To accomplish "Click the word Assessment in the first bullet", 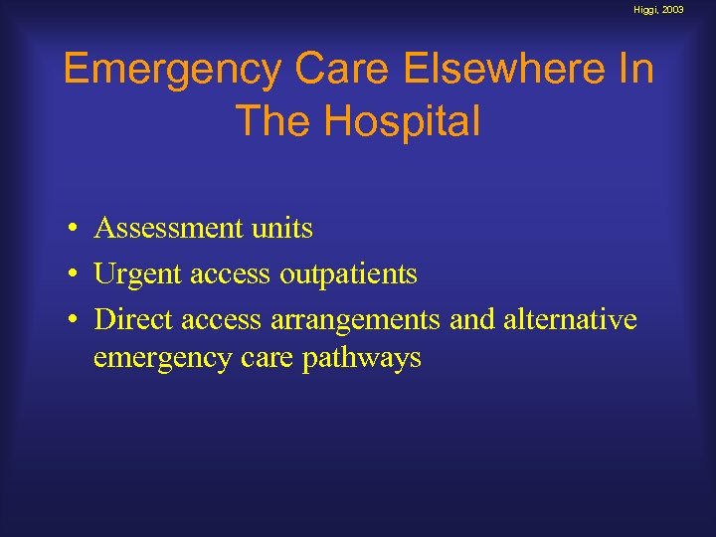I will coord(166,229).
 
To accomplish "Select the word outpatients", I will coord(348,274).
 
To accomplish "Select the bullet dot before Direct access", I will coord(74,321).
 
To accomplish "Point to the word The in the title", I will coord(270,121).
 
